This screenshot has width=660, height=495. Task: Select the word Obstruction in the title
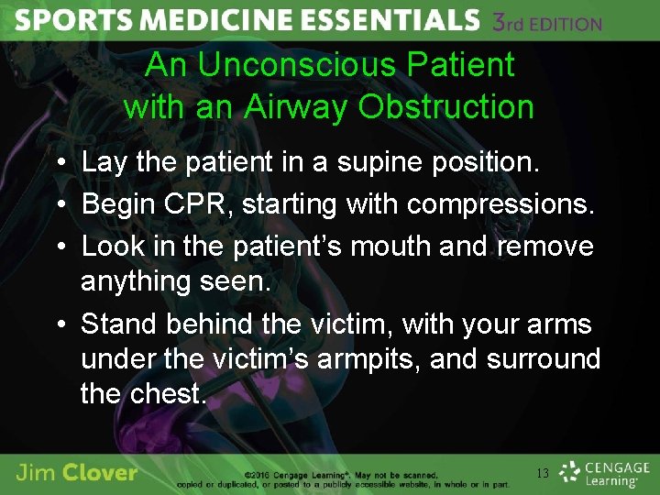(446, 107)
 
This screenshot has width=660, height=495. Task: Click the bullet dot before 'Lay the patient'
(60, 164)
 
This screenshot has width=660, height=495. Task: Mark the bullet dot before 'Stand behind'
(60, 324)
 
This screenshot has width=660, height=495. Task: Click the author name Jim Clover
(77, 473)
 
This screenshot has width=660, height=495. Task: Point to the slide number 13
(542, 474)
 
